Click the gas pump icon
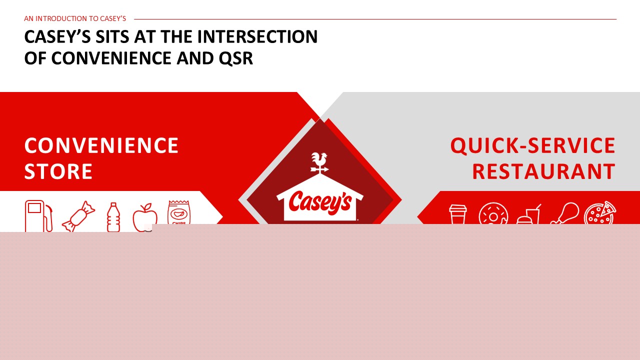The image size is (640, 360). point(38,216)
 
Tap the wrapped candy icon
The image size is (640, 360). point(78,216)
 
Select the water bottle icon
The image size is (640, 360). point(113,217)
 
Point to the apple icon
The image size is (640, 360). point(145,217)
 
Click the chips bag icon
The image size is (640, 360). point(179,213)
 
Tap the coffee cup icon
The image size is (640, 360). point(457,214)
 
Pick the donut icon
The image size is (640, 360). point(493,213)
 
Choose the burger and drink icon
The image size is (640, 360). point(528,215)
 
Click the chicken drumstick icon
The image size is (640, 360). point(564,213)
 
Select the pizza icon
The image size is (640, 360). point(600,213)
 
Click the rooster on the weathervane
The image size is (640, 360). point(319,159)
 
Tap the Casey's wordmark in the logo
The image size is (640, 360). point(320,203)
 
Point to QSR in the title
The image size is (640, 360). point(235,58)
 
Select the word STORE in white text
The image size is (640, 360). point(58,171)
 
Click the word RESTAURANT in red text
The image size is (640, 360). point(543,171)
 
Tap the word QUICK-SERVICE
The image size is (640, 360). point(533,145)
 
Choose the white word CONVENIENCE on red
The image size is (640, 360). point(101,145)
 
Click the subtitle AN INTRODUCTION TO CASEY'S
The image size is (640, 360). point(75,18)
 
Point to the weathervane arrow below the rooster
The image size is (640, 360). point(319,169)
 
